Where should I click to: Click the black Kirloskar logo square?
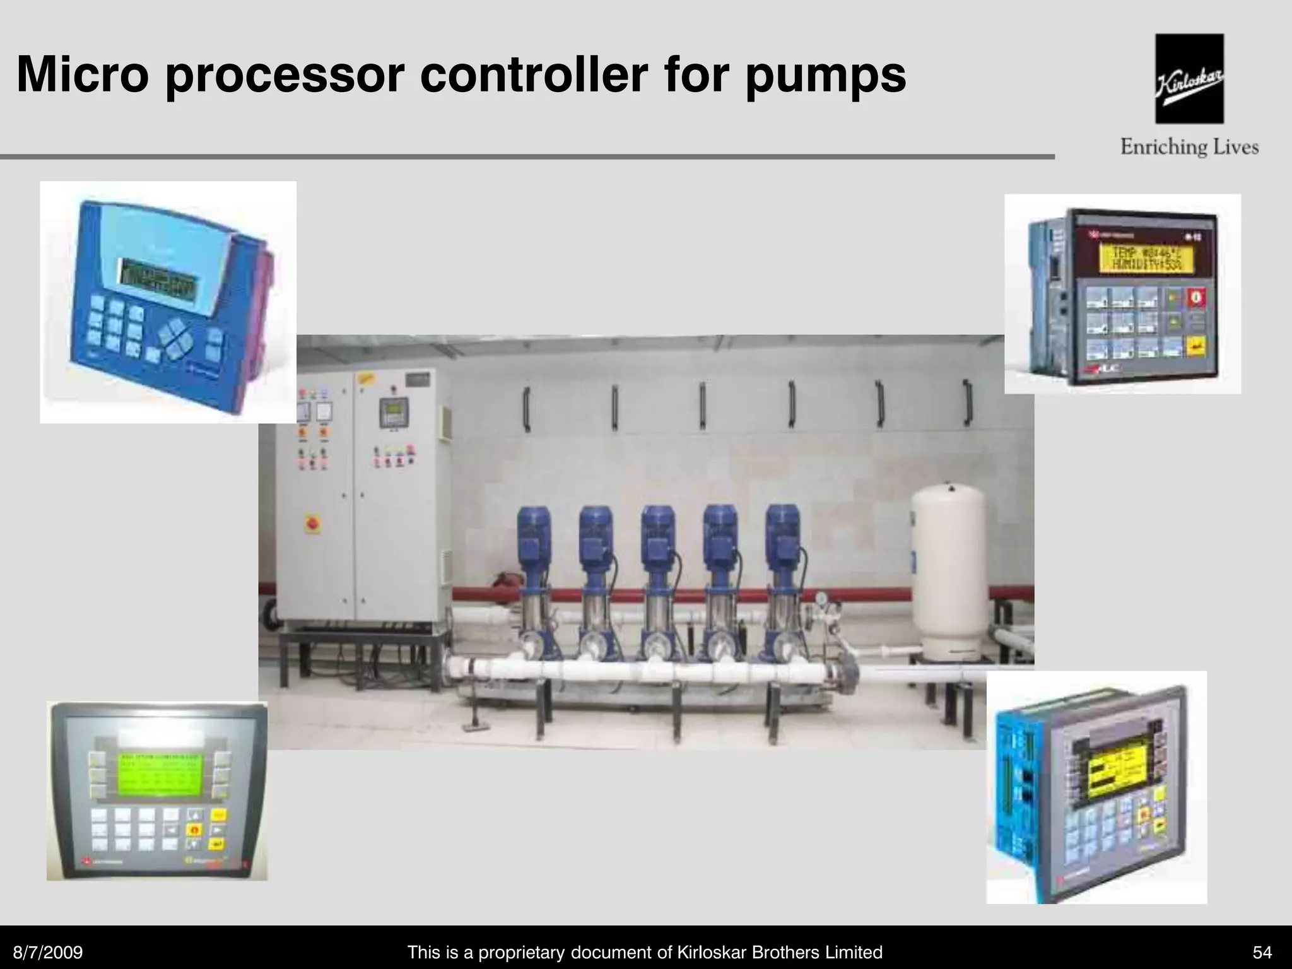(1189, 78)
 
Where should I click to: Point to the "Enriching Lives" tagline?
(1189, 148)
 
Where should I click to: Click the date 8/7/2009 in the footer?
(49, 952)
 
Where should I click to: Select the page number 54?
(1262, 952)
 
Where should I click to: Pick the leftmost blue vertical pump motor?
(534, 536)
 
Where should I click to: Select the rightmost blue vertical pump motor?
(782, 536)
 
